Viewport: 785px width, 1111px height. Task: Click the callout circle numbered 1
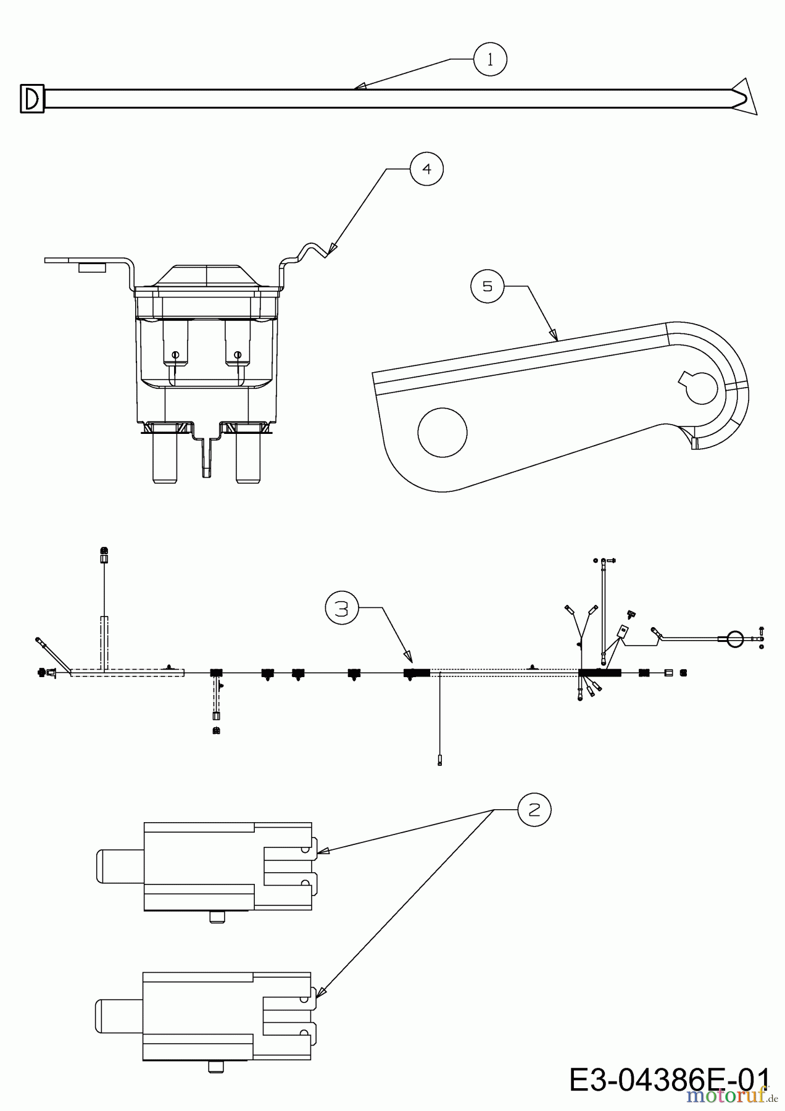tap(490, 59)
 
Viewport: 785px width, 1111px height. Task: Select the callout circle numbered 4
tap(427, 169)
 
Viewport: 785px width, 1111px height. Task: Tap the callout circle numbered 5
tap(488, 287)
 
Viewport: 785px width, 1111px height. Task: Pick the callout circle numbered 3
tap(342, 609)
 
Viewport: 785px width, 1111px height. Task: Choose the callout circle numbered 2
tap(534, 809)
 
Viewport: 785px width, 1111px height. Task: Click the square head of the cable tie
tap(32, 99)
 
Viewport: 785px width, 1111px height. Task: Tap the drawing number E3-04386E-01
tap(669, 1080)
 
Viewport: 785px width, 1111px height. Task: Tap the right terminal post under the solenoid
tap(247, 459)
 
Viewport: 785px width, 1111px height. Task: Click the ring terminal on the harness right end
tap(734, 639)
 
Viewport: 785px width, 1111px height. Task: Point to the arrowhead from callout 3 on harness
tap(407, 656)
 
